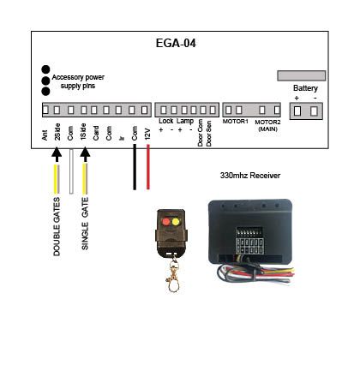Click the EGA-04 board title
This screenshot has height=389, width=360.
pyautogui.click(x=176, y=44)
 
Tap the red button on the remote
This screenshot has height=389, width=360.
pyautogui.click(x=166, y=222)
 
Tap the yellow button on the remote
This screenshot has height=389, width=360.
pyautogui.click(x=176, y=222)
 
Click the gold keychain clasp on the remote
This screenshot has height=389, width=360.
pyautogui.click(x=173, y=275)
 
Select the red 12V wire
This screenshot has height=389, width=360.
pyautogui.click(x=148, y=167)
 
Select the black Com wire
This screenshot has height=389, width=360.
pyautogui.click(x=135, y=167)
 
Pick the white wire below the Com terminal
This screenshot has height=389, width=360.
pyautogui.click(x=71, y=171)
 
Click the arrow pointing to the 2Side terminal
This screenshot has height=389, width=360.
pyautogui.click(x=57, y=154)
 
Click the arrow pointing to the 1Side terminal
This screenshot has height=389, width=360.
pyautogui.click(x=85, y=154)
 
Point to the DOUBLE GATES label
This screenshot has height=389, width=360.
pyautogui.click(x=57, y=226)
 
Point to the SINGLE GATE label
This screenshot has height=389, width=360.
pyautogui.click(x=85, y=224)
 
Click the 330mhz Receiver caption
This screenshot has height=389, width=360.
pyautogui.click(x=250, y=176)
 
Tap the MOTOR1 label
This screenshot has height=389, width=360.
pyautogui.click(x=235, y=122)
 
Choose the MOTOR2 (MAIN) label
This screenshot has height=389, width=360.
pyautogui.click(x=267, y=125)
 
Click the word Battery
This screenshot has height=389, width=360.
pyautogui.click(x=305, y=88)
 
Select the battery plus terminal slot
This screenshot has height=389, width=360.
pyautogui.click(x=297, y=111)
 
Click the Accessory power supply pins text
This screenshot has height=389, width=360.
pyautogui.click(x=78, y=81)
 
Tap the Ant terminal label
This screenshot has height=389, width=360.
pyautogui.click(x=45, y=135)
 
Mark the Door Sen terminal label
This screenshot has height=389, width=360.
pyautogui.click(x=209, y=134)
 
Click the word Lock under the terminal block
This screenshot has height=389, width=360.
pyautogui.click(x=166, y=121)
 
